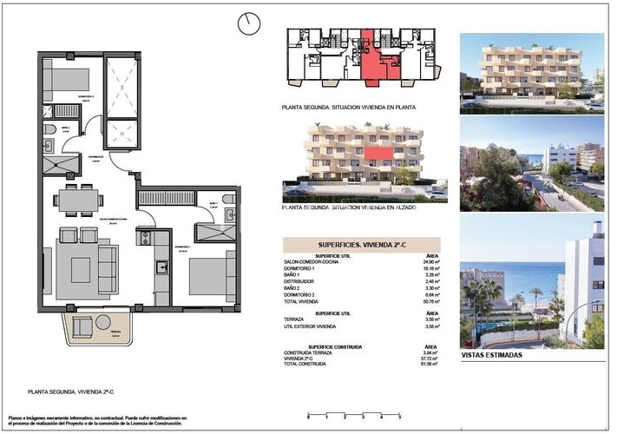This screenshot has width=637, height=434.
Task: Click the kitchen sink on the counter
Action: pos(146,237)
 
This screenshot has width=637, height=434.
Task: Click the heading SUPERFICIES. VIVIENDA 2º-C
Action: pos(362,245)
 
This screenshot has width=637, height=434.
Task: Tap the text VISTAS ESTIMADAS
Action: pos(492,355)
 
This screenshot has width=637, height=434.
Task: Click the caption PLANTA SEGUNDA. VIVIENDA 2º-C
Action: pos(70,392)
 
